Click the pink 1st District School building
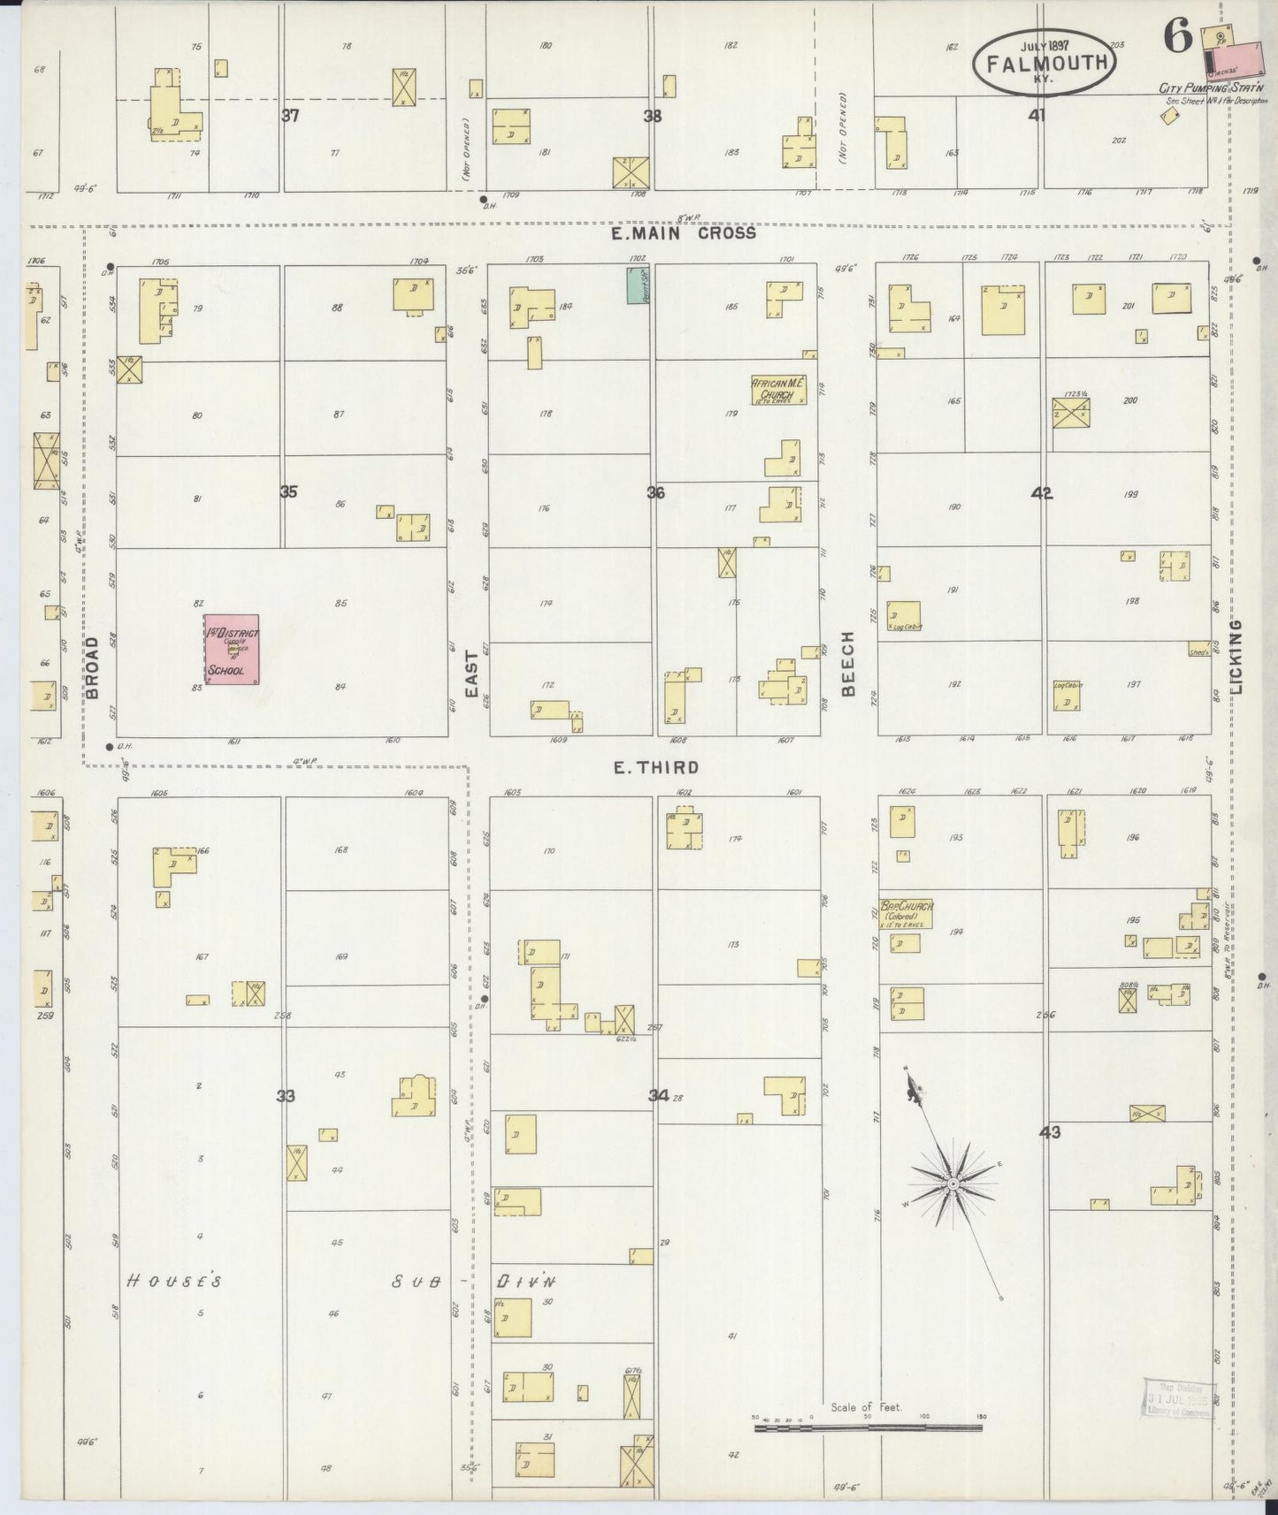(232, 649)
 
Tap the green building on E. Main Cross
(638, 285)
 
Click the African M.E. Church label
(778, 390)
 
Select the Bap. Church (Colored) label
(907, 912)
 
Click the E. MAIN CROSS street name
(684, 233)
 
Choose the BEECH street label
(848, 663)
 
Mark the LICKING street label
(1236, 655)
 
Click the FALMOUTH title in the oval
(1044, 63)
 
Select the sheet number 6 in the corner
(1177, 36)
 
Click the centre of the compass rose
(953, 1183)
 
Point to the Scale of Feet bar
(869, 1427)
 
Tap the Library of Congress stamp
(1179, 1398)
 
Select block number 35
(288, 492)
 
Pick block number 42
(1042, 493)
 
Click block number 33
(285, 1096)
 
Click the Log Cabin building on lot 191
(904, 615)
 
